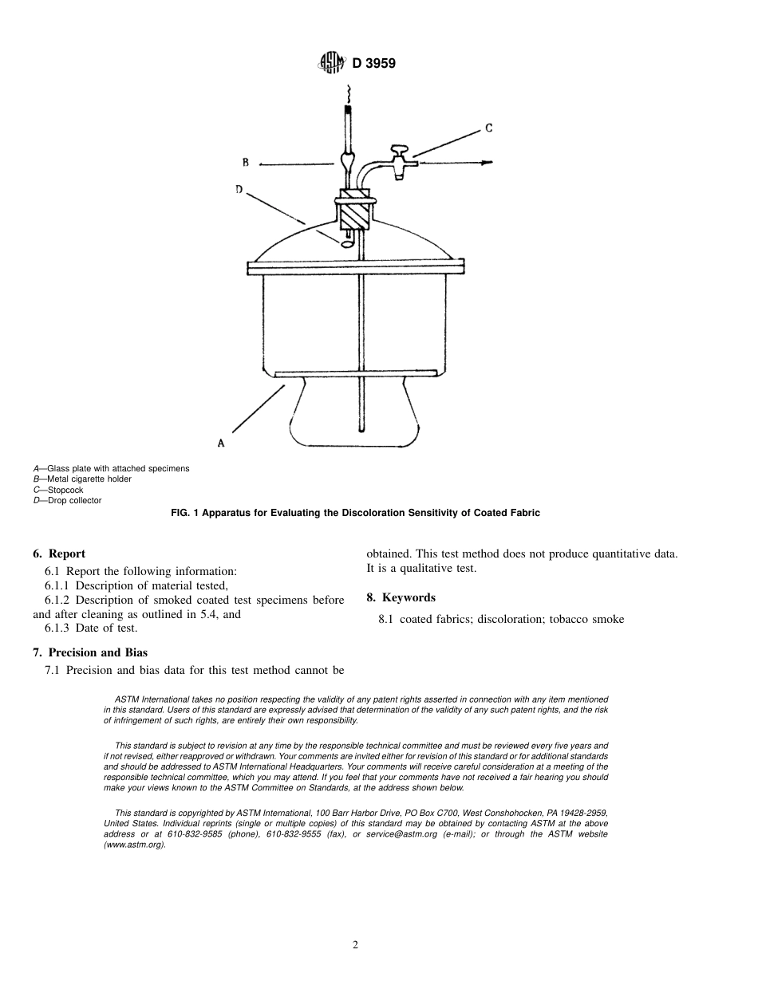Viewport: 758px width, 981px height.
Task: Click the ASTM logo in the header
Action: (331, 63)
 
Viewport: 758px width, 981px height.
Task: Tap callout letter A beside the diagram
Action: (221, 442)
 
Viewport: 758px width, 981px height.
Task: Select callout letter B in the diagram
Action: (246, 163)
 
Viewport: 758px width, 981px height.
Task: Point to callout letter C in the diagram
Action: (488, 128)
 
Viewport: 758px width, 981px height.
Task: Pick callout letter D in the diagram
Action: (239, 190)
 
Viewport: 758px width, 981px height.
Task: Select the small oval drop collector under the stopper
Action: (348, 244)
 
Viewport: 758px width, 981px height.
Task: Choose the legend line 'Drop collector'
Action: (67, 501)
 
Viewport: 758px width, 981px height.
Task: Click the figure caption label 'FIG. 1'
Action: (185, 513)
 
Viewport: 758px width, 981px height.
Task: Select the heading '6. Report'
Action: (59, 554)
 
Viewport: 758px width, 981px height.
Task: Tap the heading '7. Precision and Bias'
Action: (90, 652)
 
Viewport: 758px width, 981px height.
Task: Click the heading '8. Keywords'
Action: (401, 597)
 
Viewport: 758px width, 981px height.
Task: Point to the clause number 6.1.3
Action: (58, 628)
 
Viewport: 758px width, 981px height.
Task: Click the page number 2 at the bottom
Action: (356, 945)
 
